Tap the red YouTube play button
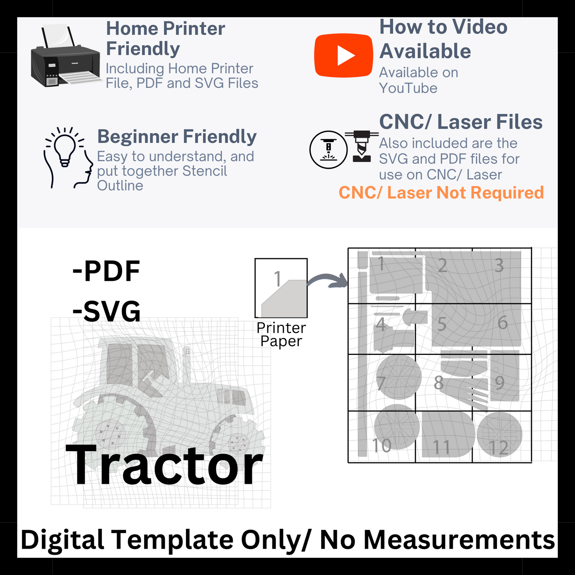coord(343,55)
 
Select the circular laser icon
coord(328,150)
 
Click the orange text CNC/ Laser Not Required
coord(441,193)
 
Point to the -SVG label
coord(107,311)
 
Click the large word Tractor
coord(164,465)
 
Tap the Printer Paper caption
coord(281,335)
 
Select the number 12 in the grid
coord(498,448)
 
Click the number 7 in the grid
coord(381,383)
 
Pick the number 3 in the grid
coord(499,265)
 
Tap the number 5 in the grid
coord(442,324)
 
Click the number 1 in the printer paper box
coord(278,279)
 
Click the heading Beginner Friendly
coord(177,136)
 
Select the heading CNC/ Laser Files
coord(460,122)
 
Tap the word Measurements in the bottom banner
coord(459,540)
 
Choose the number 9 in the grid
coord(499,383)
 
